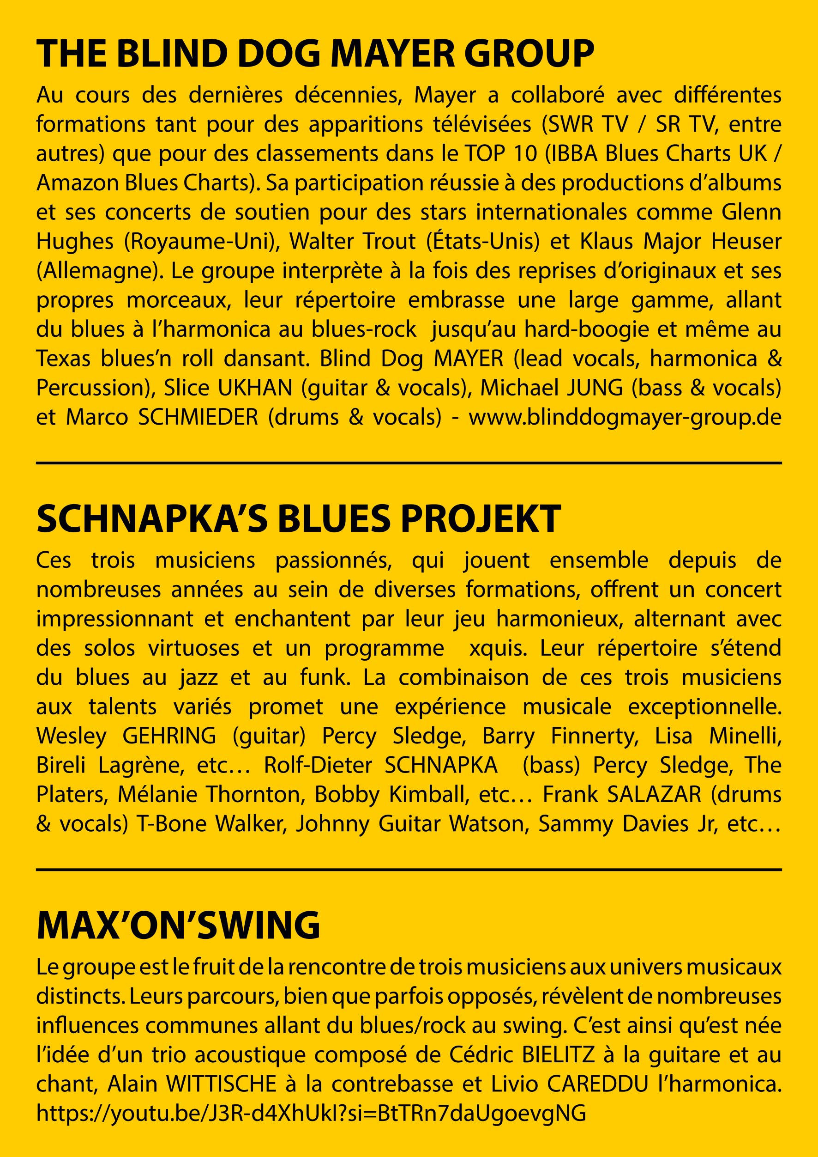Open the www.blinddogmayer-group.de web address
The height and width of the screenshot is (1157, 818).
click(x=625, y=417)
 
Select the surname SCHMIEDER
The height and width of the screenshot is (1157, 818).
click(x=198, y=417)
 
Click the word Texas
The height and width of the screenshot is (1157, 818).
click(x=62, y=359)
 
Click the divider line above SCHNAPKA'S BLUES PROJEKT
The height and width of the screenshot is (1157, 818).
click(x=409, y=463)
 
